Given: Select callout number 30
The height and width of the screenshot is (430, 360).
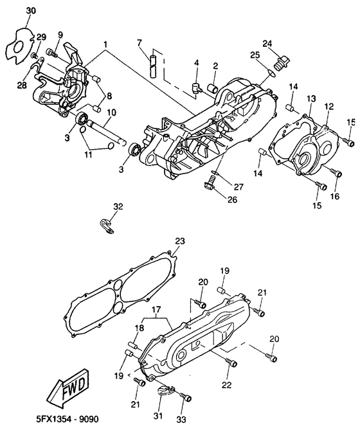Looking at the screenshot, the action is [31, 11].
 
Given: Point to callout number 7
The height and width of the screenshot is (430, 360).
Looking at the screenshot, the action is [139, 43].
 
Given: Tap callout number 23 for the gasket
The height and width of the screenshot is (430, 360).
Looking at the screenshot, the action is [180, 241].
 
